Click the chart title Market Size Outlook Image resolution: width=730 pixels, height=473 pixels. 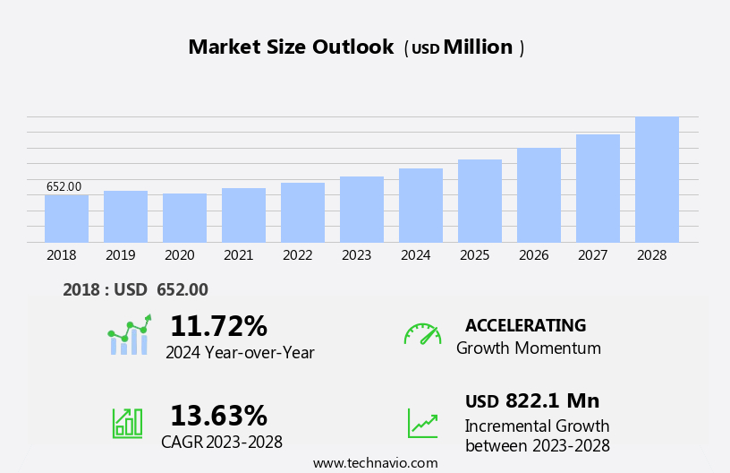[x=291, y=47]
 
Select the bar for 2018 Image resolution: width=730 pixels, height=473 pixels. [x=66, y=219]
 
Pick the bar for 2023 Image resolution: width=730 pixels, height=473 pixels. [x=361, y=210]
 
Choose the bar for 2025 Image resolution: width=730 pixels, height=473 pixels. [x=480, y=201]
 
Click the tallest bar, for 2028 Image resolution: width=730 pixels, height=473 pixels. [x=657, y=179]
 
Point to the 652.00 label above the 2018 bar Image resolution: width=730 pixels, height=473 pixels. [x=64, y=186]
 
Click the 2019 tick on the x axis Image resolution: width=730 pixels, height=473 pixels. [x=120, y=255]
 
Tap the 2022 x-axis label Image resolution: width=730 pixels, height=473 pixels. [x=297, y=255]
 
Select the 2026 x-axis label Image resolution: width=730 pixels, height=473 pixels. [x=533, y=255]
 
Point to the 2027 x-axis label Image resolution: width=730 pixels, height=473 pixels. [x=592, y=255]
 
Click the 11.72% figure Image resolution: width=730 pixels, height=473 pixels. [x=218, y=326]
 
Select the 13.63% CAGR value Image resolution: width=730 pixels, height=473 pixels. [x=218, y=416]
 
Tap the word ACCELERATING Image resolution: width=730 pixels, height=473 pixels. [x=525, y=325]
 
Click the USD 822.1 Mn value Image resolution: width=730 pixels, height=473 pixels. [x=532, y=401]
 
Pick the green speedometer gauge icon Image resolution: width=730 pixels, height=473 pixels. [x=422, y=334]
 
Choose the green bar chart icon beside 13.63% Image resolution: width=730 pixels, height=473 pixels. [x=127, y=422]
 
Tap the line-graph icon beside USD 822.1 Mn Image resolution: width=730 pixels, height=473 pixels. [x=422, y=422]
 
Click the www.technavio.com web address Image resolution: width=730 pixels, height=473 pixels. [x=375, y=463]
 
